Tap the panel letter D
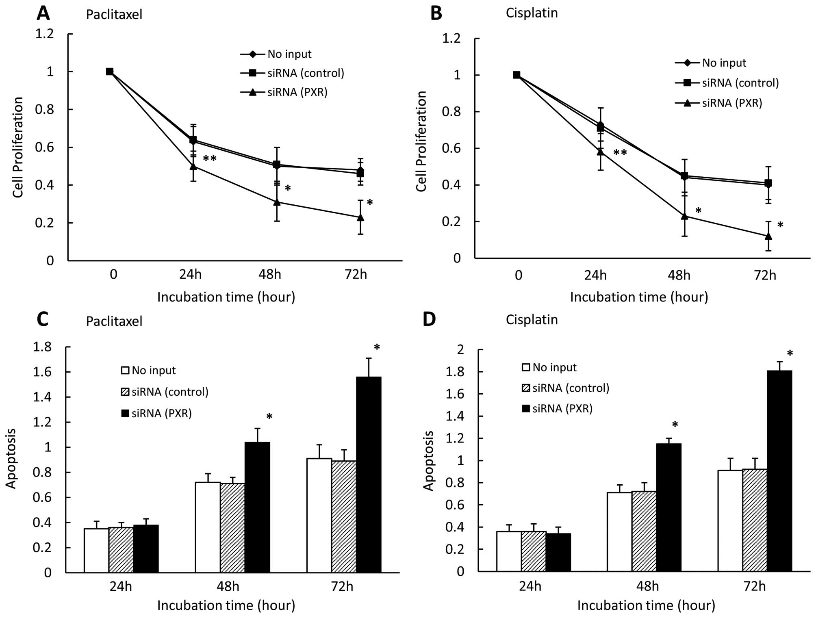click(429, 319)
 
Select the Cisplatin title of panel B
click(532, 13)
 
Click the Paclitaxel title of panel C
click(114, 321)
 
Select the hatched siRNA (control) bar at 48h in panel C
click(232, 528)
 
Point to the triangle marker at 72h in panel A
click(360, 217)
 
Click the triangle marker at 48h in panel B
click(684, 216)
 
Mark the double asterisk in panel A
click(209, 158)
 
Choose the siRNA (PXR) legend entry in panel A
click(297, 92)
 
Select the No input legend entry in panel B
click(724, 63)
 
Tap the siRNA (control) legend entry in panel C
click(169, 392)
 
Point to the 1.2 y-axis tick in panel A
click(45, 34)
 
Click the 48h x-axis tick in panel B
click(679, 275)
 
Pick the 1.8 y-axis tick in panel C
click(42, 347)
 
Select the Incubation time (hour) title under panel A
click(226, 297)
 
